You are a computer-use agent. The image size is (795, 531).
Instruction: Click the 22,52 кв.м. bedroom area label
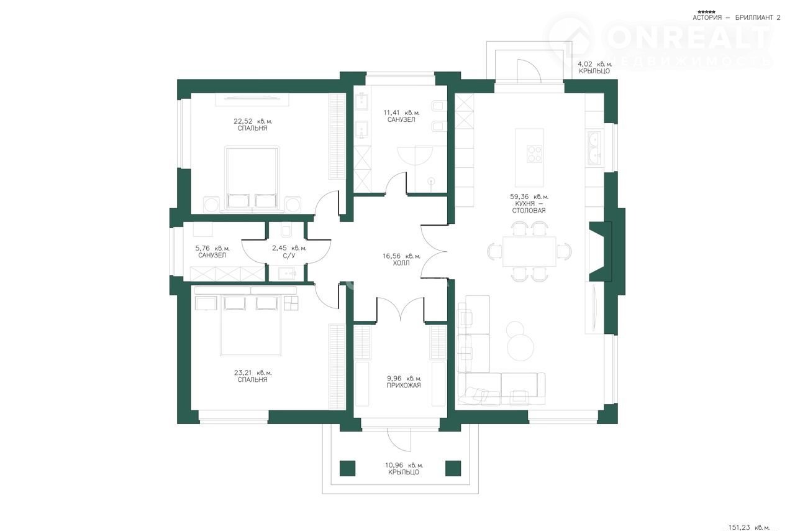click(x=253, y=125)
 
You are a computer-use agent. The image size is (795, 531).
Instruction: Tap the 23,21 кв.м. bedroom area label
click(x=253, y=376)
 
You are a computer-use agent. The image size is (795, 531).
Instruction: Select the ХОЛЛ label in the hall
click(x=401, y=264)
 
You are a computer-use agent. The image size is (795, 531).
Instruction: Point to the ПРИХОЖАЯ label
click(x=404, y=386)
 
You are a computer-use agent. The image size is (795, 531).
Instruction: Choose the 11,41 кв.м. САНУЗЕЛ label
click(x=401, y=116)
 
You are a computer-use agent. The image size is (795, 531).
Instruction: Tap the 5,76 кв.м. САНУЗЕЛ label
click(x=212, y=252)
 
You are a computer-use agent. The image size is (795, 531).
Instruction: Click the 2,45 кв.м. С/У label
click(x=289, y=252)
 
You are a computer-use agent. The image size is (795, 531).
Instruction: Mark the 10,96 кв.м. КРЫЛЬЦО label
click(x=404, y=469)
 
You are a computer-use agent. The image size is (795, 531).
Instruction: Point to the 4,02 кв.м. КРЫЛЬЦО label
click(x=595, y=68)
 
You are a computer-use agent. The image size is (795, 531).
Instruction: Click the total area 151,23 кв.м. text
click(x=749, y=527)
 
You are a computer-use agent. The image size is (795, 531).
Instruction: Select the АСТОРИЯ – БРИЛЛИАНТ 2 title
click(x=737, y=17)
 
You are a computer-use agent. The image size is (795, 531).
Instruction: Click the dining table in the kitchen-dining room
click(x=529, y=252)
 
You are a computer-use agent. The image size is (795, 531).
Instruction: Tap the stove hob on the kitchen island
click(x=534, y=154)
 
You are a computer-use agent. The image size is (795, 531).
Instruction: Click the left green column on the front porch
click(x=347, y=468)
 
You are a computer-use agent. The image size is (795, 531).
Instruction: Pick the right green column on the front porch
click(x=453, y=468)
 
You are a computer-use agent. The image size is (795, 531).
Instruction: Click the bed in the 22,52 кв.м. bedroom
click(x=252, y=179)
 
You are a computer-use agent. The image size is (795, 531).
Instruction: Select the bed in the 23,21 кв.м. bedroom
click(x=250, y=325)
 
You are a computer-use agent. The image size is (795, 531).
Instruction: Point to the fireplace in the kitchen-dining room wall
click(x=601, y=252)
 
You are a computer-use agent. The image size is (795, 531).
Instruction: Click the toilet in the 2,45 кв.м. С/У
click(x=286, y=231)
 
